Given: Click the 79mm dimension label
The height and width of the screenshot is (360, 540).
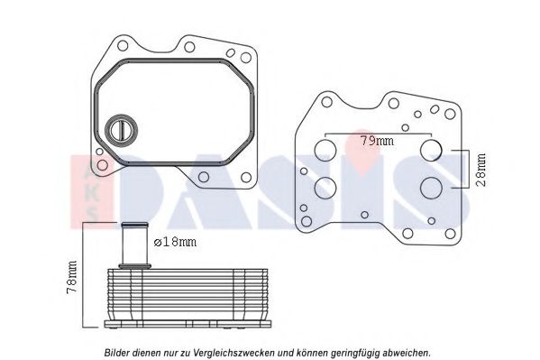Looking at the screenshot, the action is pyautogui.click(x=377, y=141).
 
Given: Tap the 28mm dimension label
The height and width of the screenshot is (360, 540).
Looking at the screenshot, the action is pyautogui.click(x=481, y=170).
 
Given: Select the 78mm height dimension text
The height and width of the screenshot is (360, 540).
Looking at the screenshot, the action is pyautogui.click(x=71, y=278).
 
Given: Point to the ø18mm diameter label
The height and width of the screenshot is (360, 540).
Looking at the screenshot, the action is pyautogui.click(x=175, y=242).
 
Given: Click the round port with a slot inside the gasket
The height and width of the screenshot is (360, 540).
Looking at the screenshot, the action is pyautogui.click(x=121, y=130).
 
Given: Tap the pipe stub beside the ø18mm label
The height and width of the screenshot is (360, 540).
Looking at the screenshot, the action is pyautogui.click(x=134, y=245).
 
